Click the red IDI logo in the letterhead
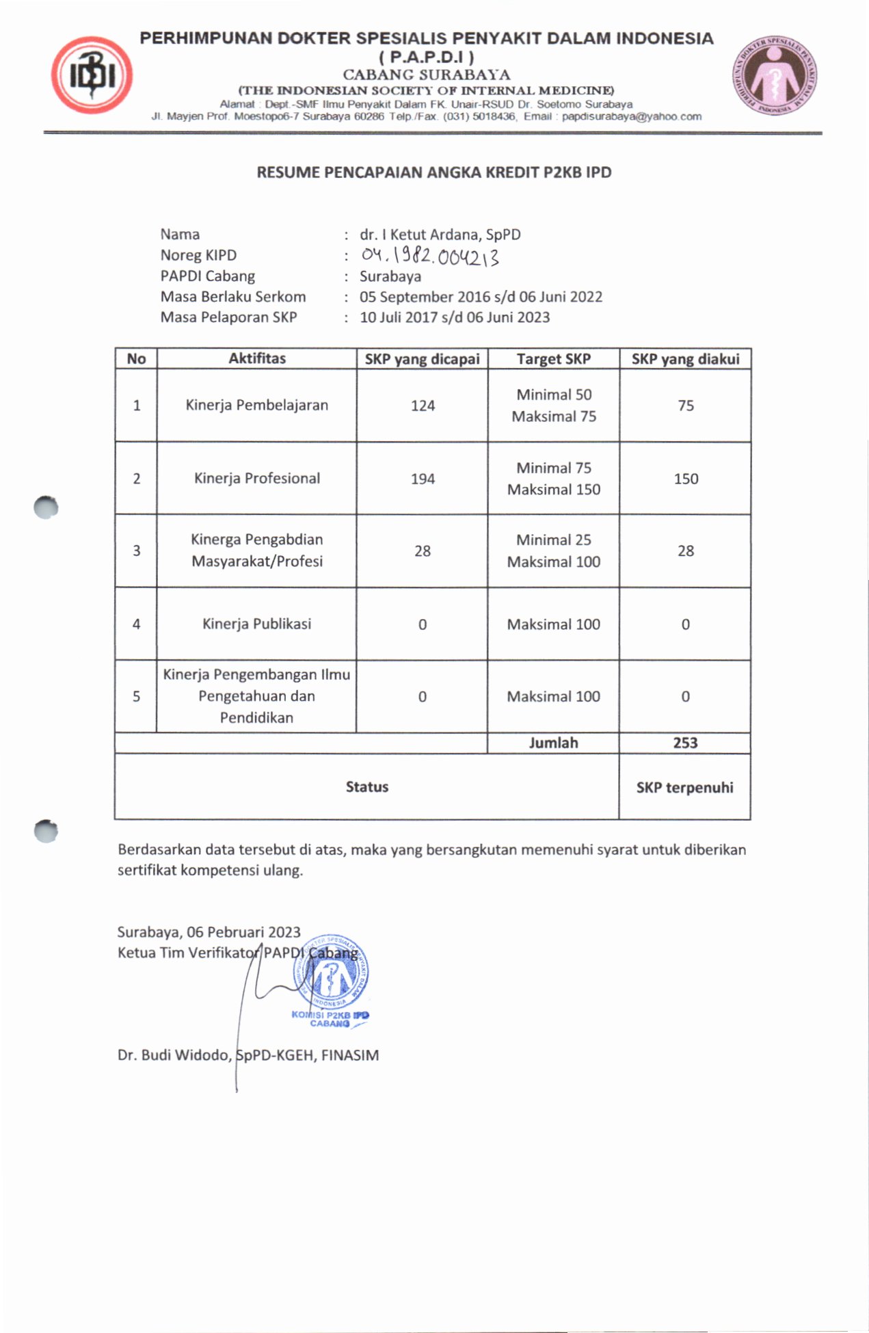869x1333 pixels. click(x=92, y=75)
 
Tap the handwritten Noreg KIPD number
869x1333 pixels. click(x=430, y=256)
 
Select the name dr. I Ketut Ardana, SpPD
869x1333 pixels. click(x=440, y=235)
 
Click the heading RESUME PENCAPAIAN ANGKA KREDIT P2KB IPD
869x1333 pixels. click(x=434, y=172)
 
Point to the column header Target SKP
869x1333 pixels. click(x=553, y=359)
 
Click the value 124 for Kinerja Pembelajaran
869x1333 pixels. click(x=423, y=406)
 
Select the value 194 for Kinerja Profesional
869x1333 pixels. click(x=423, y=479)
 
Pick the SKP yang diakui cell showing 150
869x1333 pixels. click(x=685, y=479)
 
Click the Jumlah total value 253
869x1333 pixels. click(x=685, y=743)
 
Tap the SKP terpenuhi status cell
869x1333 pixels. click(x=684, y=787)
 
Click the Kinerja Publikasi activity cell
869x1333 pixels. click(x=256, y=624)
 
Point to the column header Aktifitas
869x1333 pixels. click(x=257, y=358)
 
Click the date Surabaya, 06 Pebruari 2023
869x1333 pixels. click(x=209, y=932)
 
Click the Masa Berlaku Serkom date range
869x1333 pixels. click(x=481, y=297)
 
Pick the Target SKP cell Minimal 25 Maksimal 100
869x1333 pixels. click(x=553, y=551)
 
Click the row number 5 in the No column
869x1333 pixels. click(x=136, y=696)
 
